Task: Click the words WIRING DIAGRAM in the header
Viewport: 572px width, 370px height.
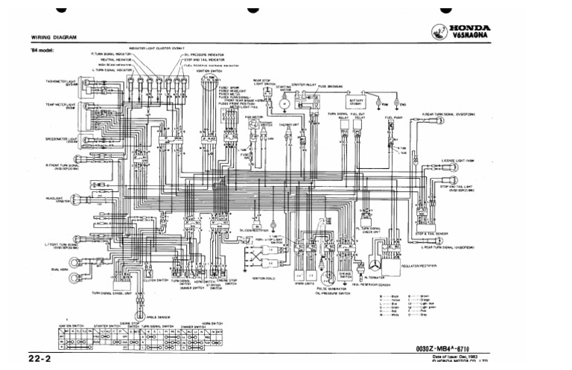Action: click(54, 37)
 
